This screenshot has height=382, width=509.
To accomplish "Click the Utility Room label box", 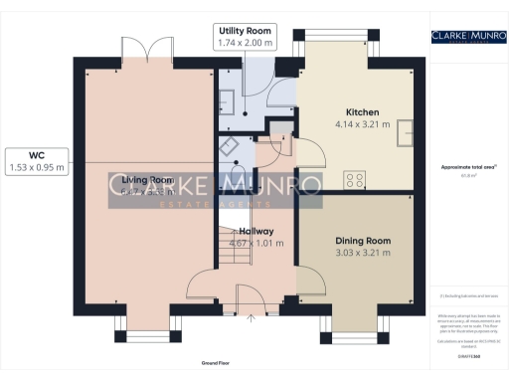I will pyautogui.click(x=245, y=38).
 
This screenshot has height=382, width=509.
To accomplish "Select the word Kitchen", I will pyautogui.click(x=360, y=111).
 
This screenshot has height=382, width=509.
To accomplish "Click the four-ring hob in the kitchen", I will pyautogui.click(x=353, y=179).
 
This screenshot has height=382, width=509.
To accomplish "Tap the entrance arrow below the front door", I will pyautogui.click(x=251, y=318).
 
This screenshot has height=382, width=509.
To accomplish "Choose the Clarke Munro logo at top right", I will pyautogui.click(x=465, y=37).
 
